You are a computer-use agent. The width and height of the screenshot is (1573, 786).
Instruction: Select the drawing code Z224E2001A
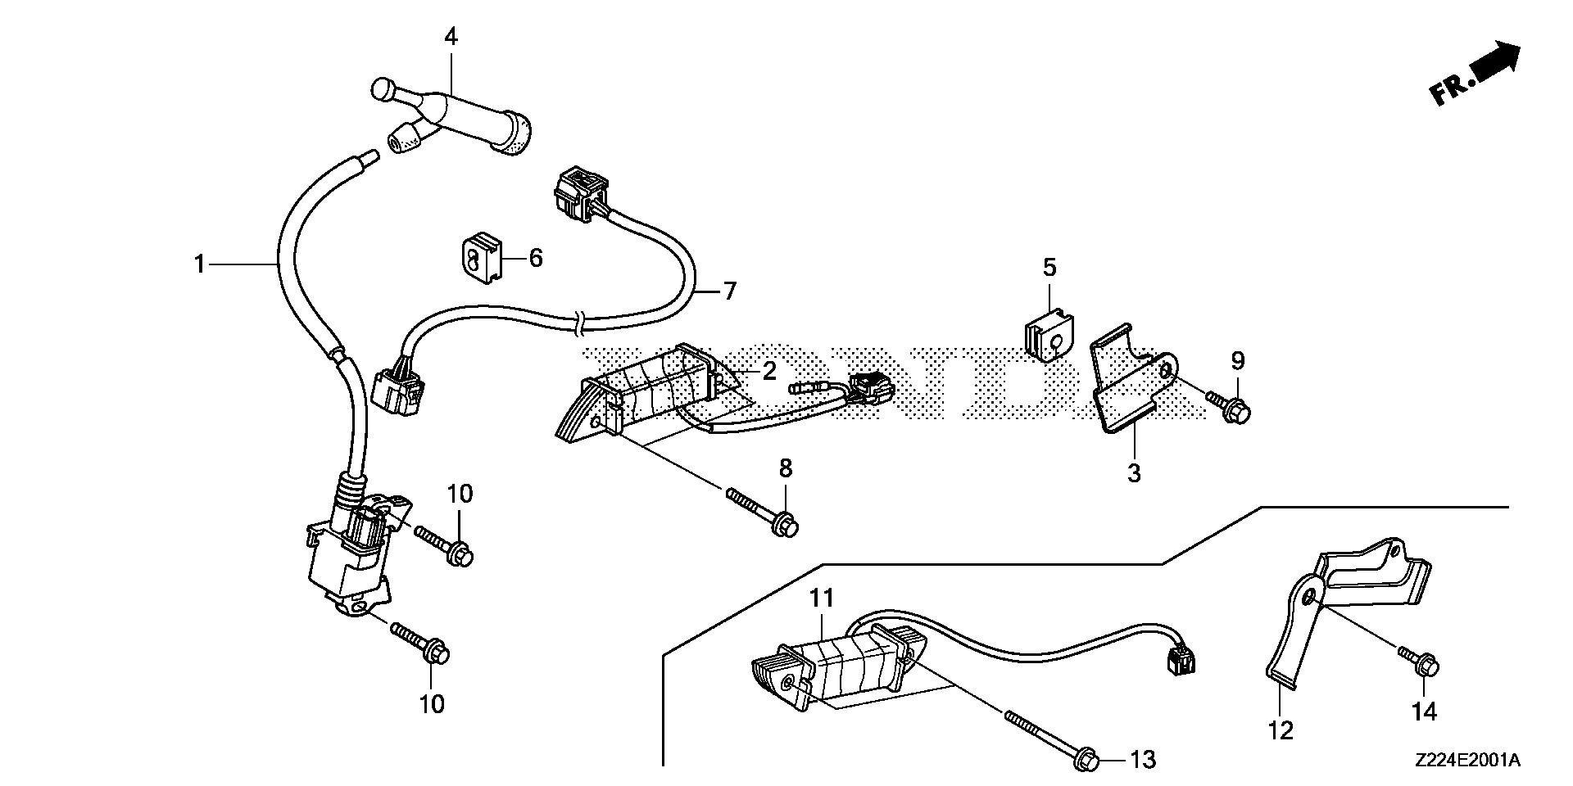click(x=1466, y=761)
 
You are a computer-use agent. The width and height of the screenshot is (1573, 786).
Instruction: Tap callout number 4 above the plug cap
click(x=451, y=37)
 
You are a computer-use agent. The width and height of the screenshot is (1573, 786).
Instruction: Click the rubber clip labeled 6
click(x=479, y=257)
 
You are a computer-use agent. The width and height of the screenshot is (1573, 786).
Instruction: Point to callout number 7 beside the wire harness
click(x=729, y=291)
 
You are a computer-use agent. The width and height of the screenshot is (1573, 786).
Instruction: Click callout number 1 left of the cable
click(x=198, y=264)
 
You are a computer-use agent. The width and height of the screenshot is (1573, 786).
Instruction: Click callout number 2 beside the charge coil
click(x=768, y=371)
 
